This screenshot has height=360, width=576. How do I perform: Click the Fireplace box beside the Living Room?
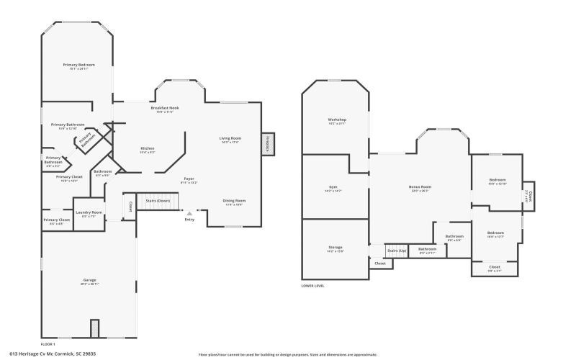tap(269, 143)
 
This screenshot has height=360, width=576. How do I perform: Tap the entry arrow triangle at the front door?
tap(189, 213)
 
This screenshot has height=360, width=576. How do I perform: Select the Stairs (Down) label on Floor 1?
tap(158, 201)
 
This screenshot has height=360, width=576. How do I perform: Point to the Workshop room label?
tap(337, 120)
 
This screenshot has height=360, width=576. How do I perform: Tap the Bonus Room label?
tap(420, 187)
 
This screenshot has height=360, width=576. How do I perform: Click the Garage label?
tap(89, 280)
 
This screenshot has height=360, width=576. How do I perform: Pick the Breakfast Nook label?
tap(165, 108)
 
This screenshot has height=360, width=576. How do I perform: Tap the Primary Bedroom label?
tap(78, 65)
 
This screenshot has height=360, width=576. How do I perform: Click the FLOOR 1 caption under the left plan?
tap(48, 345)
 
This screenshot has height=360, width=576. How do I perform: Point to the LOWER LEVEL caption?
tap(312, 285)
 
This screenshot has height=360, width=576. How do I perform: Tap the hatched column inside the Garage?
tap(94, 328)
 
